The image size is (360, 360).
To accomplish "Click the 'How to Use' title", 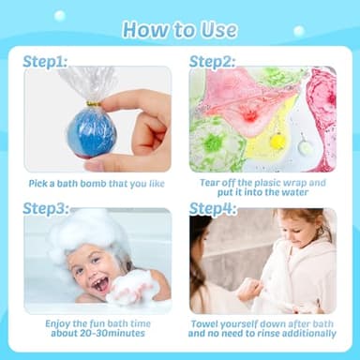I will [x=179, y=29].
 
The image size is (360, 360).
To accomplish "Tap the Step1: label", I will [x=46, y=61].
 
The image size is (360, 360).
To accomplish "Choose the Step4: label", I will [x=213, y=208].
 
